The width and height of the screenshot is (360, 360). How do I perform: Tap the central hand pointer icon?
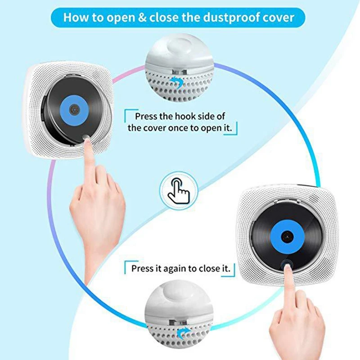pyautogui.click(x=179, y=190)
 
